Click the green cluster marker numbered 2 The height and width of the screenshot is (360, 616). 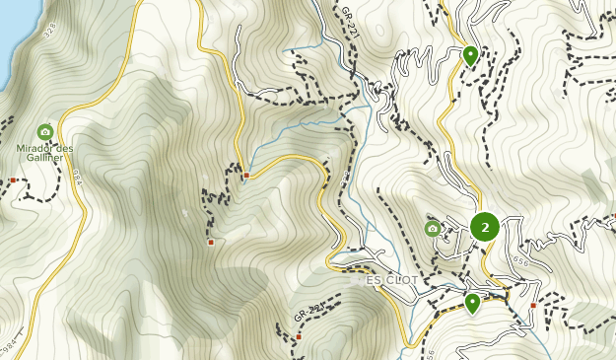click(x=484, y=227)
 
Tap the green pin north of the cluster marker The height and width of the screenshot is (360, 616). click(x=471, y=55)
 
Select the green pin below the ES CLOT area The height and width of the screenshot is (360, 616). click(x=472, y=302)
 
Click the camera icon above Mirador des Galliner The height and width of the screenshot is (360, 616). click(x=44, y=131)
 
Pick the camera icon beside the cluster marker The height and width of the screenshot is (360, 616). click(x=432, y=229)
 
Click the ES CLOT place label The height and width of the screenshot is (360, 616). click(x=392, y=280)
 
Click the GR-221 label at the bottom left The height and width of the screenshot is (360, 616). click(x=308, y=314)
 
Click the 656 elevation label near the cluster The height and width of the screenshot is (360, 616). click(x=521, y=261)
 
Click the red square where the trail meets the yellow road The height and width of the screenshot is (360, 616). click(x=246, y=176)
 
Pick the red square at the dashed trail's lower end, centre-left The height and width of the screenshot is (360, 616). click(x=211, y=242)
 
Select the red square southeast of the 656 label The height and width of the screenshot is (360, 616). click(x=533, y=306)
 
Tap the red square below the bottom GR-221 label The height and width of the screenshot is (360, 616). click(x=299, y=337)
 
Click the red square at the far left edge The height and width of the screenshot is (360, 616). click(x=12, y=180)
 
